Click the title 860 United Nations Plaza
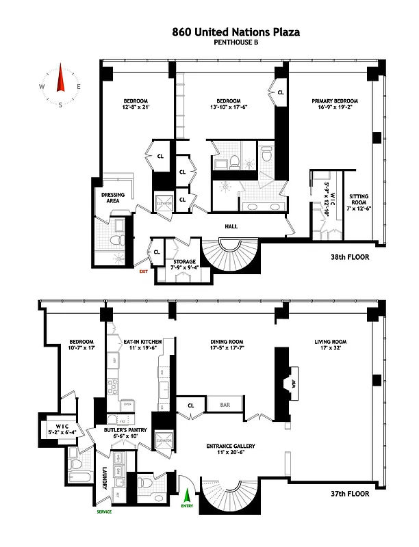236,31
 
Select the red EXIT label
143,271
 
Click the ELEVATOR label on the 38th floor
163,203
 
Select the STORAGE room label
184,262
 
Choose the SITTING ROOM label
359,200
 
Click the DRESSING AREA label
113,198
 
